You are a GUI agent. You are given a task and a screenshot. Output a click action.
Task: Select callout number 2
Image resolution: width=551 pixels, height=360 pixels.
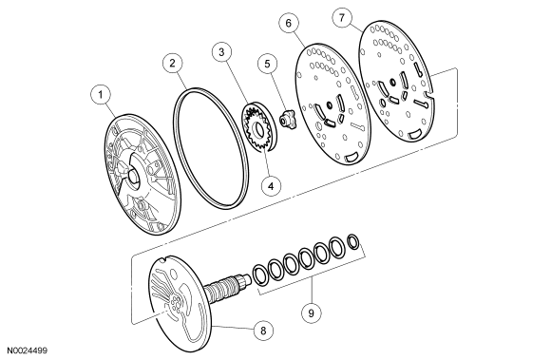pos(172,64)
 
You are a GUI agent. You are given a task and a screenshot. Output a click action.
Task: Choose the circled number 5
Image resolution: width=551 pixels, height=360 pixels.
pos(268,64)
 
